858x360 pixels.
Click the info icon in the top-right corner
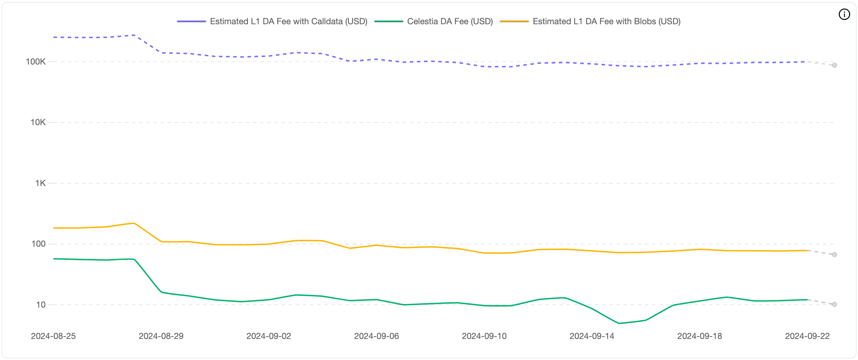click(844, 14)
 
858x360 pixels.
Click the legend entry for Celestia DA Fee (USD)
click(450, 21)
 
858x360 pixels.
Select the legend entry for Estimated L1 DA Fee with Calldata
click(288, 21)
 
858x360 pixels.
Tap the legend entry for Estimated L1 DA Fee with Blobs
click(606, 21)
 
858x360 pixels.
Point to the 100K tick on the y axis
click(36, 62)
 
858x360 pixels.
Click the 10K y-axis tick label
click(38, 122)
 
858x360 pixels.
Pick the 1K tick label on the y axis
click(40, 183)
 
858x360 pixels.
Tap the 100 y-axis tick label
click(38, 244)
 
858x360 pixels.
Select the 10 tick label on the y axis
click(41, 305)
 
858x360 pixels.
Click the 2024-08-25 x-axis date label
click(53, 336)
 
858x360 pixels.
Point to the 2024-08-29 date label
click(161, 336)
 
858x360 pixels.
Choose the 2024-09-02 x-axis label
click(269, 336)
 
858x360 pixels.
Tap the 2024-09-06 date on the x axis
click(376, 336)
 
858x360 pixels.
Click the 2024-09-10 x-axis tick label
click(484, 336)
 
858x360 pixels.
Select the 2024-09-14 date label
click(592, 336)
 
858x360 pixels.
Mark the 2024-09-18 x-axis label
click(699, 336)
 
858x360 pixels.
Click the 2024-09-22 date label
click(807, 336)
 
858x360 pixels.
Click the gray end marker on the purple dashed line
click(834, 65)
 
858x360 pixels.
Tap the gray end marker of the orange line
click(834, 254)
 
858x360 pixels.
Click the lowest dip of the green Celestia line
click(619, 323)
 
